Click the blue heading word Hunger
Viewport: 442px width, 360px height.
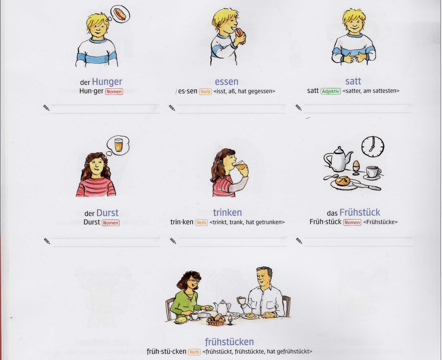pyautogui.click(x=107, y=82)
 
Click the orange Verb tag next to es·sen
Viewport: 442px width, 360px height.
pyautogui.click(x=205, y=92)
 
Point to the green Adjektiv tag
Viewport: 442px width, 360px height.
pyautogui.click(x=331, y=91)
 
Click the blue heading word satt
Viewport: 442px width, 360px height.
pyautogui.click(x=353, y=81)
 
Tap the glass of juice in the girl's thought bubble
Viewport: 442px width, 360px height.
pyautogui.click(x=119, y=145)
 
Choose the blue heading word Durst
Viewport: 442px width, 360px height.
pyautogui.click(x=107, y=213)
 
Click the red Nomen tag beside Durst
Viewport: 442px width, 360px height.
pyautogui.click(x=110, y=223)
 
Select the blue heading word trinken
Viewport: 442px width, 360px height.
pyautogui.click(x=227, y=213)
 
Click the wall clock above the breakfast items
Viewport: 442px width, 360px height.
pyautogui.click(x=372, y=146)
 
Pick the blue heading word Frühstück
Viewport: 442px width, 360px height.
pyautogui.click(x=360, y=213)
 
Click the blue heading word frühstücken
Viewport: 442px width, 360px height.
pyautogui.click(x=229, y=342)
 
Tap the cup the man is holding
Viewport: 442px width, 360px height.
pyautogui.click(x=241, y=300)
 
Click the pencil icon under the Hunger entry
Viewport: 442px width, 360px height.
pyautogui.click(x=46, y=108)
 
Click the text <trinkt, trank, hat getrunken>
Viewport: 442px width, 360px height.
pyautogui.click(x=247, y=222)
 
